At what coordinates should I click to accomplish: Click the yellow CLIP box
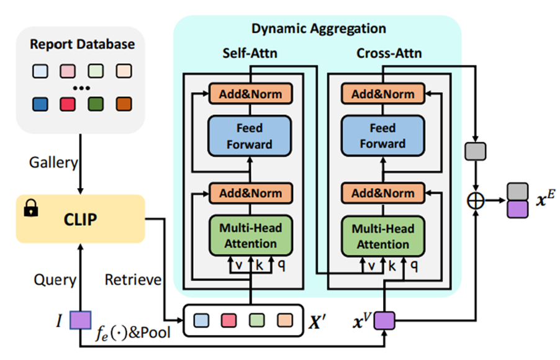(x=80, y=219)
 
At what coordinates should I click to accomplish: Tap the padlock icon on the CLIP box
(x=30, y=208)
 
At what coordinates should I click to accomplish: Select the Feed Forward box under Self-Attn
(x=250, y=136)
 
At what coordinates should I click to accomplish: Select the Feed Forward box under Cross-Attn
(x=383, y=136)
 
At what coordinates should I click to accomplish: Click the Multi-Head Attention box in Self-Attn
(x=251, y=236)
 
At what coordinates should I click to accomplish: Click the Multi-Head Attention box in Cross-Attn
(x=383, y=236)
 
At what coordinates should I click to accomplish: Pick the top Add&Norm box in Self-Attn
(x=251, y=94)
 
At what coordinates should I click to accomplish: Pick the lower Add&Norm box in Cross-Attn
(x=383, y=193)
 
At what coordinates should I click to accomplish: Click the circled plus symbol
(x=476, y=200)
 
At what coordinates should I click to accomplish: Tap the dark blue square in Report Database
(x=40, y=104)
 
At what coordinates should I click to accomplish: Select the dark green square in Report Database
(x=96, y=104)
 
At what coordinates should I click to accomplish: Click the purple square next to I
(x=80, y=320)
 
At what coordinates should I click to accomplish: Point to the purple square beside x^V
(x=384, y=321)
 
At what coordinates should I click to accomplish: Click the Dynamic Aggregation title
(x=318, y=29)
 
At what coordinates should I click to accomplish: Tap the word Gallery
(x=53, y=163)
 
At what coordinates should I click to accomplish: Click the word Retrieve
(x=133, y=280)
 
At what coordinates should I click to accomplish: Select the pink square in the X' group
(x=229, y=320)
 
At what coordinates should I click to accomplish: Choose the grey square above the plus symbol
(x=476, y=151)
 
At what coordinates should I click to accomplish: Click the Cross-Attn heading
(x=389, y=53)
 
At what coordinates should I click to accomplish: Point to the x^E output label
(x=545, y=198)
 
